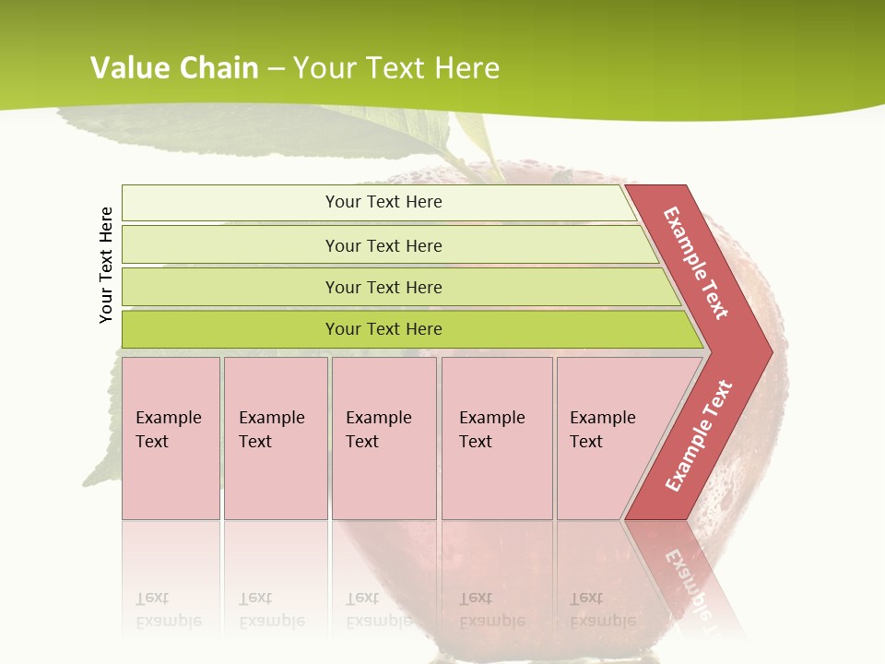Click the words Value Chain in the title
[174, 67]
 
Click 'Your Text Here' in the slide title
[396, 67]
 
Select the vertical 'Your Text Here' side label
[106, 265]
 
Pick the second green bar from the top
[383, 245]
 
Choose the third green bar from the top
[383, 287]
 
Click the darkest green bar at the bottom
[383, 329]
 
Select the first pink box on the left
[171, 438]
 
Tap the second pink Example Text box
[275, 438]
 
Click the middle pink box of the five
[383, 438]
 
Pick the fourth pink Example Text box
[496, 438]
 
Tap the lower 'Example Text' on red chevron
[699, 436]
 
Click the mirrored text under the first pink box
[168, 610]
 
